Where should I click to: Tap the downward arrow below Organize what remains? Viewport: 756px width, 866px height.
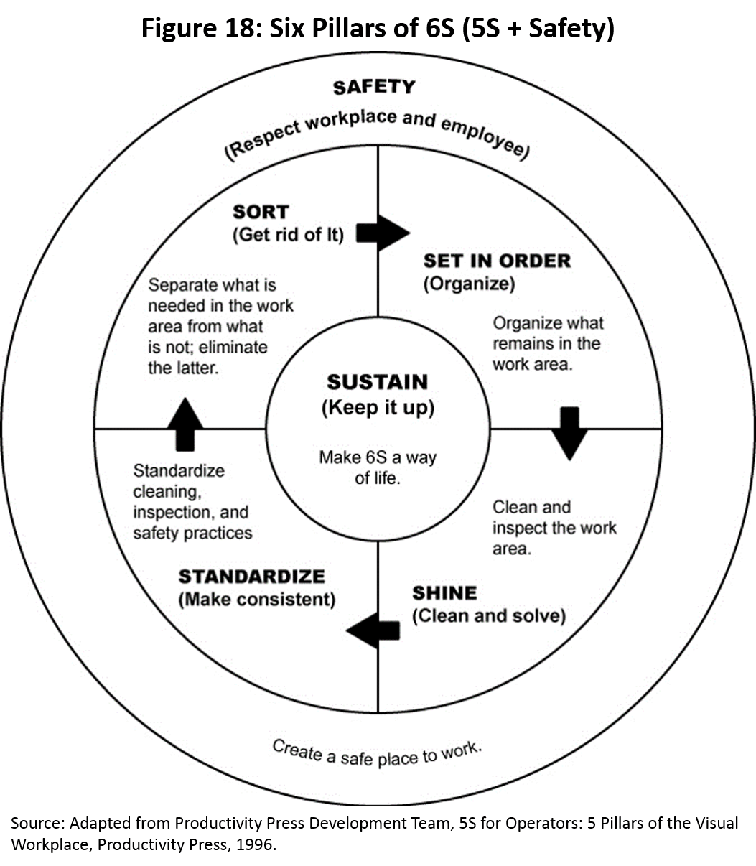click(x=569, y=433)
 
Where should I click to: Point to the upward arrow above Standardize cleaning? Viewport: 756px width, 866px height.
click(x=185, y=424)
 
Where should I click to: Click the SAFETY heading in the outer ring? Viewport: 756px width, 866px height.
click(x=374, y=87)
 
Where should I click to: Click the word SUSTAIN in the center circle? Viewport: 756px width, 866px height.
click(x=377, y=382)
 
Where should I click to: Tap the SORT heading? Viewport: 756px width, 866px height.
click(x=260, y=212)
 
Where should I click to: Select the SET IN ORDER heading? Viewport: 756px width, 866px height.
click(x=497, y=261)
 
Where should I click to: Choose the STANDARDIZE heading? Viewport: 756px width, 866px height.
click(x=251, y=577)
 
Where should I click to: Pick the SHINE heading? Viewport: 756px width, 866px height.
click(x=444, y=593)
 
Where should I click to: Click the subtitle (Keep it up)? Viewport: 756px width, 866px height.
click(x=377, y=408)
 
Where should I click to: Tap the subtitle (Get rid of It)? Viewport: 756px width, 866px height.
click(x=288, y=235)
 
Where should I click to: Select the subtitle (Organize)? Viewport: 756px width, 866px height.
click(x=469, y=284)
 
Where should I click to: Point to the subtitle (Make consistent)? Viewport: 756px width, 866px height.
click(x=256, y=599)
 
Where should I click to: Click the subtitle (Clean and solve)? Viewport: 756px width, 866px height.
click(x=488, y=616)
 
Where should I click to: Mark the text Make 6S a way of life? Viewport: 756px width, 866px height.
click(x=377, y=467)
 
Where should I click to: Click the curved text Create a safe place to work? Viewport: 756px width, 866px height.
click(x=376, y=753)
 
